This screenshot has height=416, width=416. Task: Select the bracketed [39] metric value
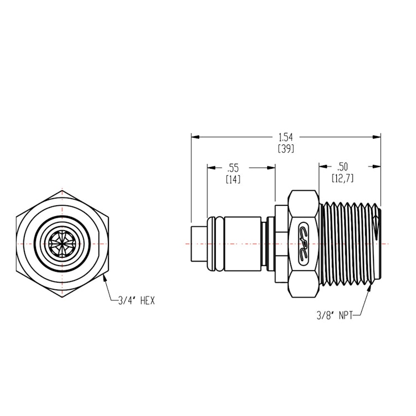285,148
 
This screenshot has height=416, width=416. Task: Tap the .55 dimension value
233,167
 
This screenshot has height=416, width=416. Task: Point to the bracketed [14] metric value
233,180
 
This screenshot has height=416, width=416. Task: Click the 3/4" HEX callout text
136,301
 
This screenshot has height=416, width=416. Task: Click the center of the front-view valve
63,243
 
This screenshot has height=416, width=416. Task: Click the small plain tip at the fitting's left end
197,243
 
